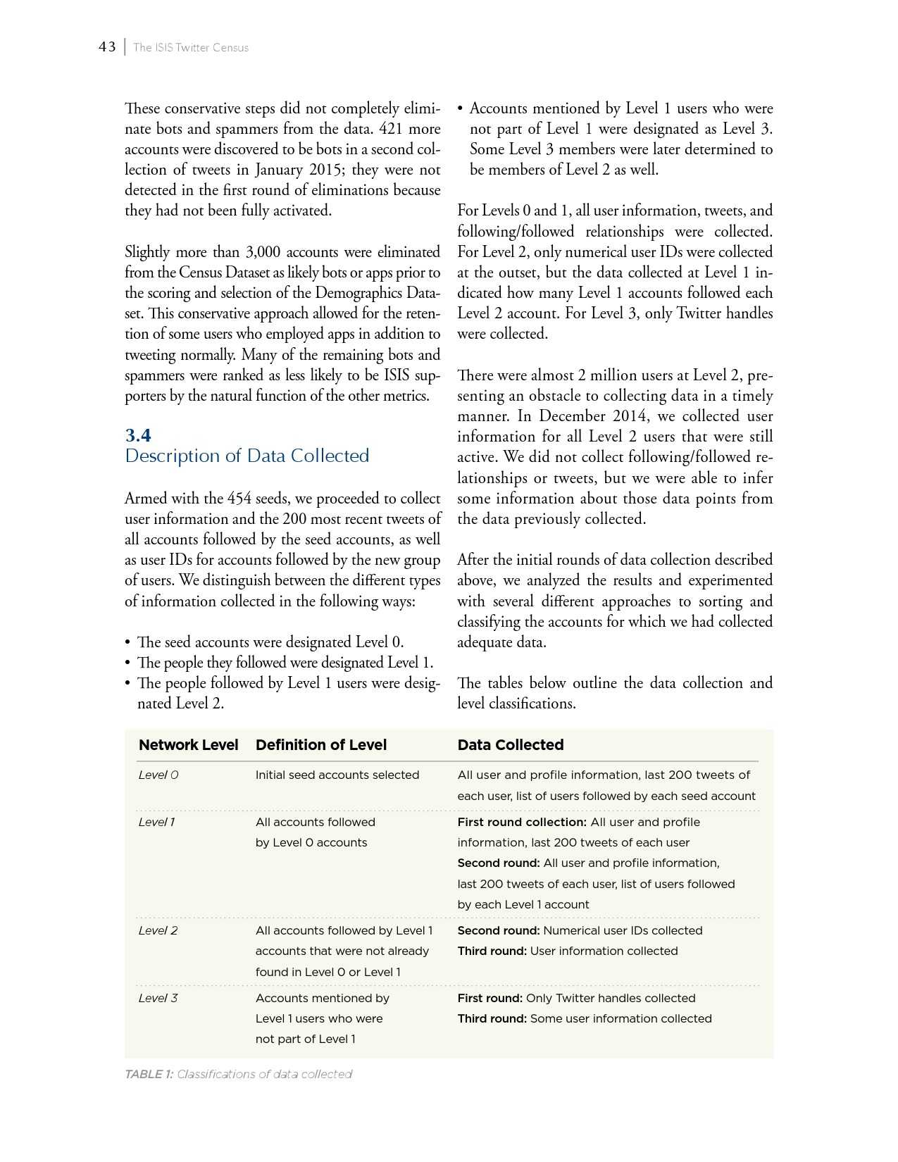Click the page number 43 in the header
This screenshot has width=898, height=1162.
point(107,47)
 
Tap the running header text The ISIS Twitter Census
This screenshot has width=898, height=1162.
point(191,48)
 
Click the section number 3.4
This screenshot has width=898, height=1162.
point(138,435)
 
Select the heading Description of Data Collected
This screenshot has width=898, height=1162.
point(247,456)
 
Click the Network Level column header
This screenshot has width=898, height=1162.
point(189,745)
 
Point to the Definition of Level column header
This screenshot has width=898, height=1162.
point(321,745)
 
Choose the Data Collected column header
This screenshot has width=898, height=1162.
point(511,745)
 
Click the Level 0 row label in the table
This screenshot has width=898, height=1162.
point(158,775)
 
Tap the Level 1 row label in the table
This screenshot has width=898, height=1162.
point(157,822)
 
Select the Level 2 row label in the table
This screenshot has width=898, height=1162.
point(158,930)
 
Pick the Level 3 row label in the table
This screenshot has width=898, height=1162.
point(158,998)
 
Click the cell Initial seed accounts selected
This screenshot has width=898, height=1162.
point(337,775)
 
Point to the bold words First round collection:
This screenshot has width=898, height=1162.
point(522,822)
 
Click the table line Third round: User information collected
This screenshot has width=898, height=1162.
point(568,951)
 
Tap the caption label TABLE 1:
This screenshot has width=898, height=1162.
point(149,1074)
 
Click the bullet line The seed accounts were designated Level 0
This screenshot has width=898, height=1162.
point(270,642)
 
